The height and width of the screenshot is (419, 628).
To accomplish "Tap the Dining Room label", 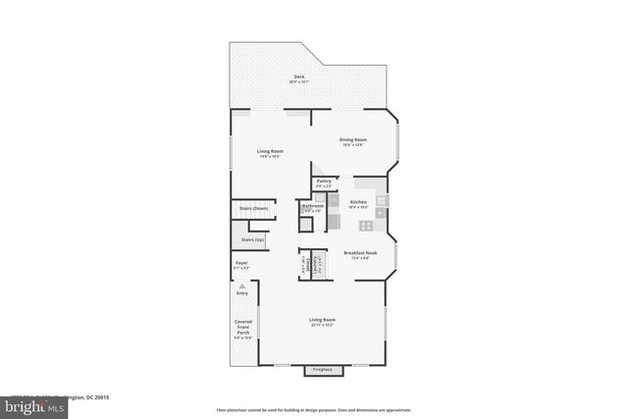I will pos(352,141).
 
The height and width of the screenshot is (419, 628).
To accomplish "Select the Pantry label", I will pos(324,183).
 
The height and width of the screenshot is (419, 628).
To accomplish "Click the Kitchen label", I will pos(358,203).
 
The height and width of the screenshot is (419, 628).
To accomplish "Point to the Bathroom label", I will pos(313,207).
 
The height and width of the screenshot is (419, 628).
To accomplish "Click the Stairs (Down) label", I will pos(253,208).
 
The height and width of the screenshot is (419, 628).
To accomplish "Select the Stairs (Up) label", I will pos(252,239).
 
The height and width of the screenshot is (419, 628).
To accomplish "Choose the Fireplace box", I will pos(323,370).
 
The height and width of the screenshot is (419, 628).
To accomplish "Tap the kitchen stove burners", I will pos(366,225).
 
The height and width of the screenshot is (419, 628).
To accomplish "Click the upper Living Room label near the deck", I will pos(270,153).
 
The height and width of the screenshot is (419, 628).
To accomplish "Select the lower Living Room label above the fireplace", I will pos(323,321).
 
